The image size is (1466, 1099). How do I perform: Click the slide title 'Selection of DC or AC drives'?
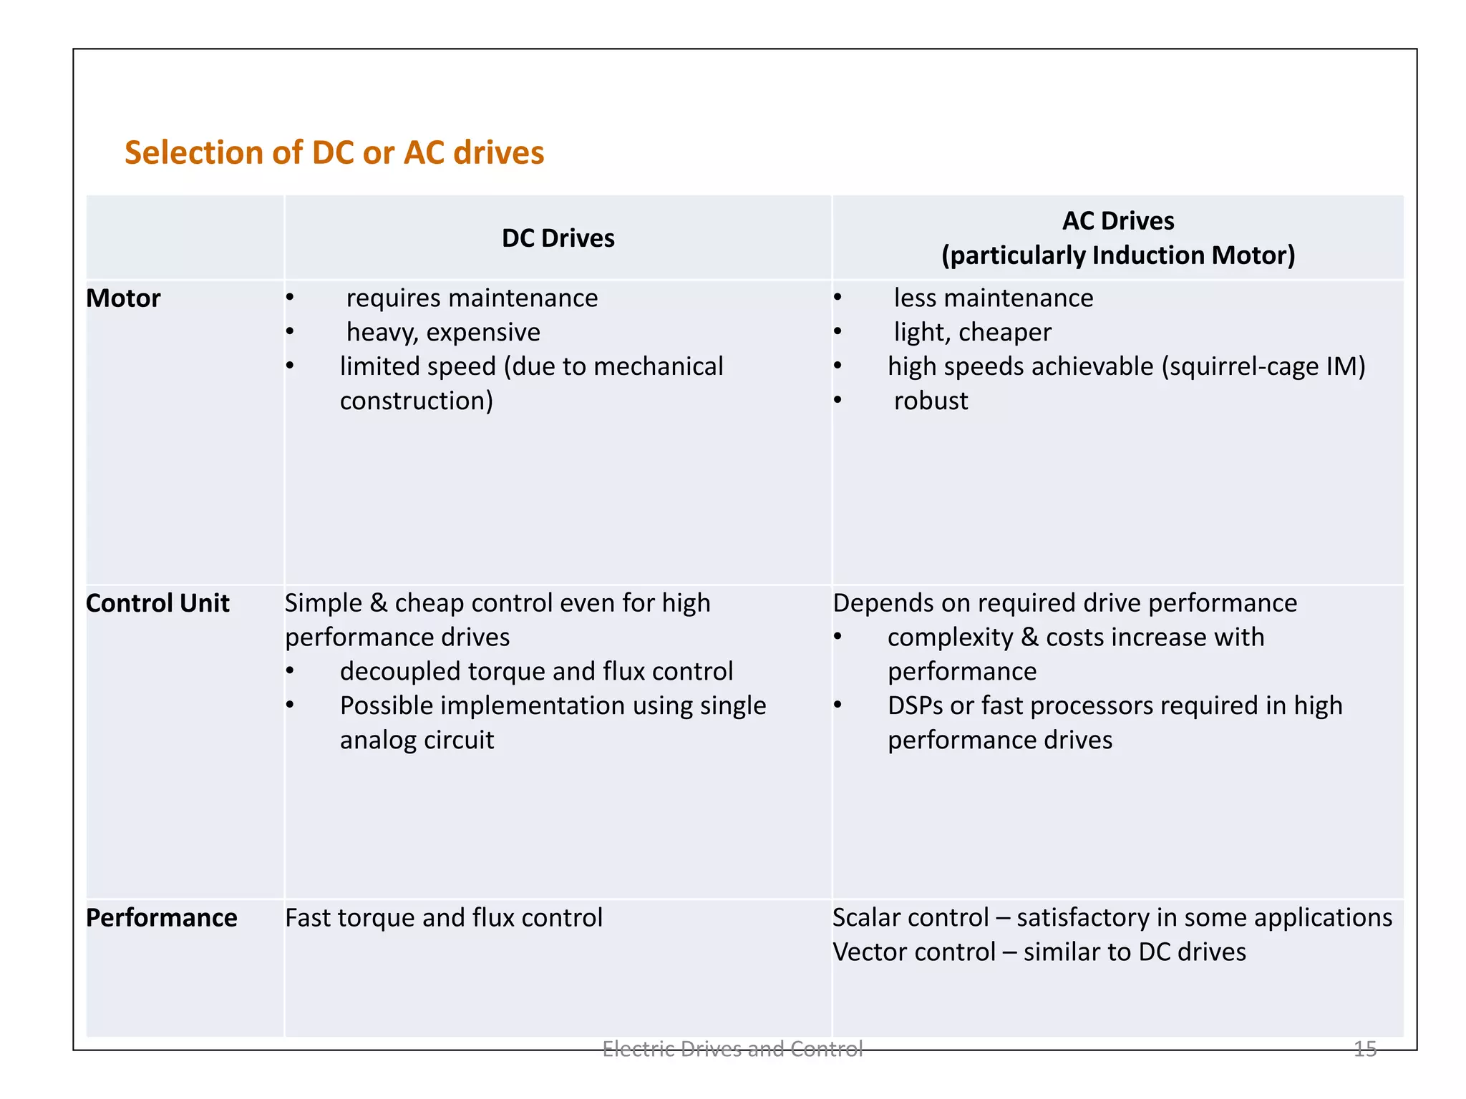tap(334, 153)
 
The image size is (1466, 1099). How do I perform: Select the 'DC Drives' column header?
tap(558, 238)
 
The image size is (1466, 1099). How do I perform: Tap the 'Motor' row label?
tap(123, 298)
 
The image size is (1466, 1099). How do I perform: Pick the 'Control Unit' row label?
tap(157, 603)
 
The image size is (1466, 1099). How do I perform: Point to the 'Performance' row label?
tap(161, 918)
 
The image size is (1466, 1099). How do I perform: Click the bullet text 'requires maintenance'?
tap(472, 298)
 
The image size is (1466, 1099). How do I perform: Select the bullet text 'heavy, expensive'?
tap(443, 333)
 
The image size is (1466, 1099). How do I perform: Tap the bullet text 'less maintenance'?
tap(993, 298)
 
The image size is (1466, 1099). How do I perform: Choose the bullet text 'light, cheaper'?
tap(972, 333)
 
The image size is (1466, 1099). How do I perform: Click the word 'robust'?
tap(931, 401)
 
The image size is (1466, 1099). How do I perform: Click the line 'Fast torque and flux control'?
tap(444, 918)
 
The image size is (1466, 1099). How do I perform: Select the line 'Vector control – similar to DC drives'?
tap(1039, 952)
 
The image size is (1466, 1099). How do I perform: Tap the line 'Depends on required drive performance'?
tap(1064, 603)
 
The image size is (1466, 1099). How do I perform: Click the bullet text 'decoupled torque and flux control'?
tap(536, 672)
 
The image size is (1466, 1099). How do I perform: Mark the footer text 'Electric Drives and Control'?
tap(732, 1049)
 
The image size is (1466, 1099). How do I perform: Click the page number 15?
tap(1364, 1049)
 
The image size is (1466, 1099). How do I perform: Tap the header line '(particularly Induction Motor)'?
tap(1118, 255)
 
